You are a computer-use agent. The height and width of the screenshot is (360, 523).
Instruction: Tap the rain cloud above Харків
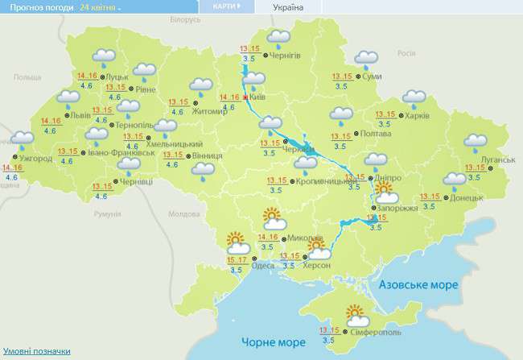tap(414, 98)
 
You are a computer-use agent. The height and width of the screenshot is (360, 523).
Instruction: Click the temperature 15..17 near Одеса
tap(237, 260)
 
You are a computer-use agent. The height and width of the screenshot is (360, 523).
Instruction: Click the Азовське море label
tap(418, 285)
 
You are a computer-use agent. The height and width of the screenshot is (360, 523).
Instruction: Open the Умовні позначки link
tap(36, 351)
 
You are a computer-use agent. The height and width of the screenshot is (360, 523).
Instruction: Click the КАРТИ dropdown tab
tap(228, 6)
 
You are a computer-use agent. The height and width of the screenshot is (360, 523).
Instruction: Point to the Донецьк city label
tap(467, 197)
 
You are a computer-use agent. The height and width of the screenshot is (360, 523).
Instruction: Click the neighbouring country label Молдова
tap(183, 214)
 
